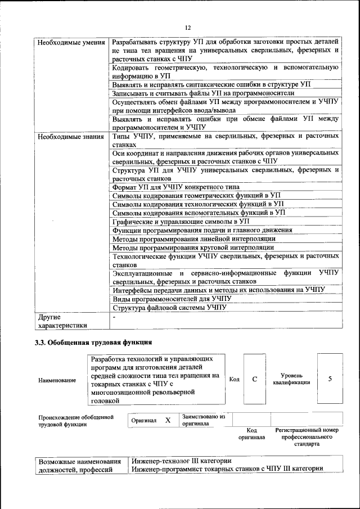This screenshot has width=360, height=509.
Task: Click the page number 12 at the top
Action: [188, 28]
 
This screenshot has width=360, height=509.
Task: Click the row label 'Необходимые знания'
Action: [70, 137]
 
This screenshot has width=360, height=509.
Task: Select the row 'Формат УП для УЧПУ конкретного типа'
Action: [175, 187]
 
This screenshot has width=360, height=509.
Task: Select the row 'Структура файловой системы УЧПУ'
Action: [169, 308]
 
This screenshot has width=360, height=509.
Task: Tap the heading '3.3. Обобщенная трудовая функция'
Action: [93, 343]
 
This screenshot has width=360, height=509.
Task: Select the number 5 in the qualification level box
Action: [330, 379]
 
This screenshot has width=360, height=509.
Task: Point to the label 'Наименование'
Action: [57, 381]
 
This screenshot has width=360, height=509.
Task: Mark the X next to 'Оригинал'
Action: [168, 420]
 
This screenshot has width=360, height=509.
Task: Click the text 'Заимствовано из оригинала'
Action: [203, 420]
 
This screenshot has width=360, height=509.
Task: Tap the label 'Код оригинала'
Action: [251, 433]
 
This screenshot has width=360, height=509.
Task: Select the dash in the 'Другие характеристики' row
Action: [114, 318]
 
